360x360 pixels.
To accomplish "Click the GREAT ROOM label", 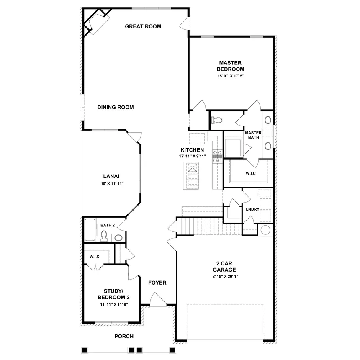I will [143, 26].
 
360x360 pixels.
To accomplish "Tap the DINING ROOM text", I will [116, 108].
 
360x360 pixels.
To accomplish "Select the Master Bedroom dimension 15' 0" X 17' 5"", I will [230, 76].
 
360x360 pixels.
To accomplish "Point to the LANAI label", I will [110, 176].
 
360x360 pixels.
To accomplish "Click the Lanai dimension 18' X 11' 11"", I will [110, 183].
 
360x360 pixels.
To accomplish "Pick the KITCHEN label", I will [192, 150].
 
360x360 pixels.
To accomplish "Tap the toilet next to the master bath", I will [216, 120].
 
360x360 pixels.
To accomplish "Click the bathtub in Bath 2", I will [90, 230].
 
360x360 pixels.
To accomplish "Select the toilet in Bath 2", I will [104, 235].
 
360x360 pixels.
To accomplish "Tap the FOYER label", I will [157, 283].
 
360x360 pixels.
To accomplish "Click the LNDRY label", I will [252, 209].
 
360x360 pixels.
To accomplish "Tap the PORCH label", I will [124, 336].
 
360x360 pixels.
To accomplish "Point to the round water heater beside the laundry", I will [265, 230].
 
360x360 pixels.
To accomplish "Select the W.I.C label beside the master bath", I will [250, 173].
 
